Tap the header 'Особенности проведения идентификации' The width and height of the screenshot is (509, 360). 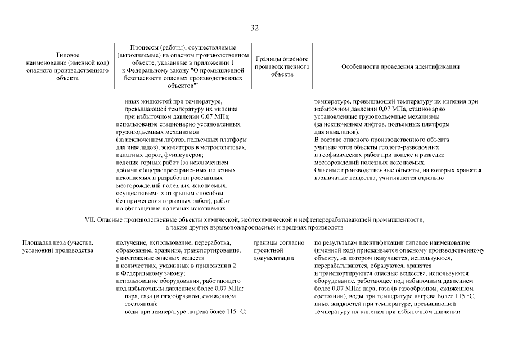(400, 66)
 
